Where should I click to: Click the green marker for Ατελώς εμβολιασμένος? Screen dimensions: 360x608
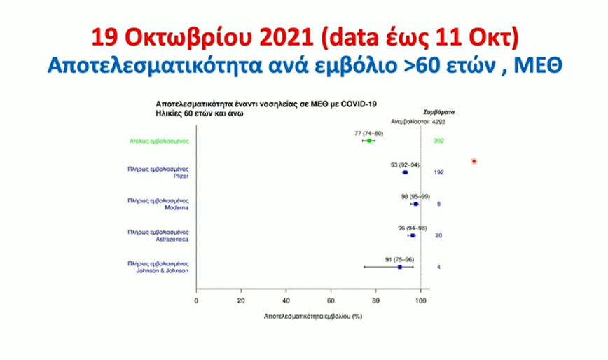(x=369, y=141)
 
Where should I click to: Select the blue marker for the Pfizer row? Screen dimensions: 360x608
(x=405, y=172)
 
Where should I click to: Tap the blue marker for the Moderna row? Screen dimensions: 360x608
(x=416, y=204)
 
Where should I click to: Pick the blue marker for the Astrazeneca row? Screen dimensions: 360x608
(x=412, y=235)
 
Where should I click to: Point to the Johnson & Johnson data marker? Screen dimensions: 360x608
(x=400, y=267)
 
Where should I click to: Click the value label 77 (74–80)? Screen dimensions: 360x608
(x=370, y=132)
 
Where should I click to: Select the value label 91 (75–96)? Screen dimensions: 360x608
(x=401, y=259)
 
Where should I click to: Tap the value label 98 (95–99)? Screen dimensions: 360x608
(x=416, y=196)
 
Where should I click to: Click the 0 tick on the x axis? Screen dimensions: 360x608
(x=196, y=300)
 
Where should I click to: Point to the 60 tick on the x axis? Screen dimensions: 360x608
(x=331, y=300)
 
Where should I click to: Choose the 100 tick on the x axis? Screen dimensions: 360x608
(x=420, y=300)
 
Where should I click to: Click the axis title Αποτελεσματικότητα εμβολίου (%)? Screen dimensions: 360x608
(x=312, y=316)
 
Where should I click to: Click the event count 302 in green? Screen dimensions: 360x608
(x=439, y=141)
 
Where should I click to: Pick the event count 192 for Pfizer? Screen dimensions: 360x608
(x=439, y=172)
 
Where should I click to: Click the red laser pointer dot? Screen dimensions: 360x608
(x=474, y=162)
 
